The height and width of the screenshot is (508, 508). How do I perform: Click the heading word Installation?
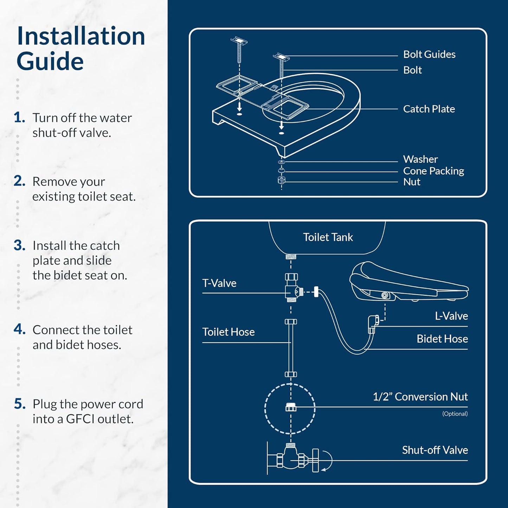pos(81,36)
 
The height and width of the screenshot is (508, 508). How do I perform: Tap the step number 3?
pos(19,245)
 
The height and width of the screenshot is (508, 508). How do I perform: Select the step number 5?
pos(20,404)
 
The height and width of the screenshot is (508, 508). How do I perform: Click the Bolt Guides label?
pos(429,54)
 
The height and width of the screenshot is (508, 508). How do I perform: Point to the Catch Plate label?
pos(429,109)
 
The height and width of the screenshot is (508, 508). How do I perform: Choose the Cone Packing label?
pos(433,171)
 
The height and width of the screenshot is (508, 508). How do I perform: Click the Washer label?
pos(420,159)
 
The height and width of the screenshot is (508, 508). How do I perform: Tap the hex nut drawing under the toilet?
pos(281,180)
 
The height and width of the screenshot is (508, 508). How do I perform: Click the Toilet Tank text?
pos(328,237)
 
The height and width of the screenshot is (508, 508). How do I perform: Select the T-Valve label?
pos(219,283)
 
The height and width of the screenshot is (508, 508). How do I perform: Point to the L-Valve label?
pos(451,316)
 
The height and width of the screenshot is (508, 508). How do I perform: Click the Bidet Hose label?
pos(442,339)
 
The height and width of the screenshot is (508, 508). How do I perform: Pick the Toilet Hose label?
pos(228,332)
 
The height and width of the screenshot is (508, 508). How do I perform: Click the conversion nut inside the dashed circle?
pos(291,407)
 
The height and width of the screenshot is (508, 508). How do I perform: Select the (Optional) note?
pos(455,414)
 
